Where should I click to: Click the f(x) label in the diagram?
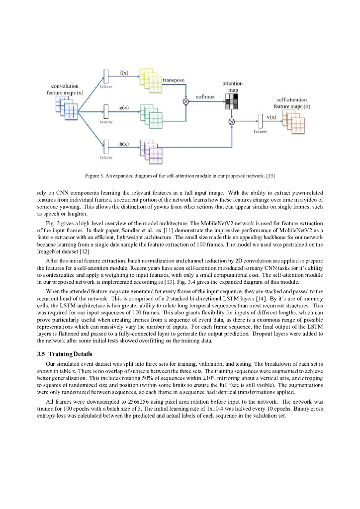124,73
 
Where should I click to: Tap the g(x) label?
124,107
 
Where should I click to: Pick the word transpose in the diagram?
174,80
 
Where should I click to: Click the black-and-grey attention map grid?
232,101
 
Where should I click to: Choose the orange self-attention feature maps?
293,123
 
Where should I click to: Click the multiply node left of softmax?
186,101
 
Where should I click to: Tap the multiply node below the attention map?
231,121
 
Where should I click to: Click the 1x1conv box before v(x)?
260,121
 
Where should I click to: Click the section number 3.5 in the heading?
42,354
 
